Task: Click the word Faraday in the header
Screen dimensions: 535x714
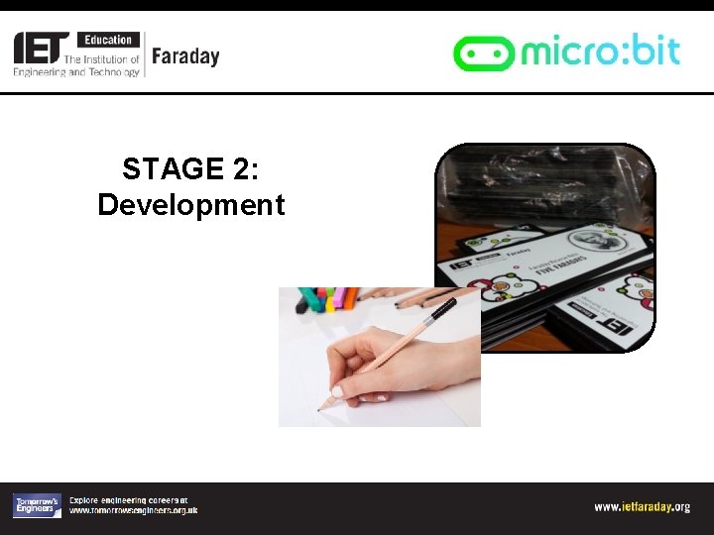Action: tap(185, 56)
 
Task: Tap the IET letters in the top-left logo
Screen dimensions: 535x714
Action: tap(41, 47)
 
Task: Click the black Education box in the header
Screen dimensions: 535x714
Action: tap(108, 40)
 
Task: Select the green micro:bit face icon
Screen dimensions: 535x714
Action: tap(483, 53)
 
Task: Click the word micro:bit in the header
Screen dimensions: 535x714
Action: tap(600, 50)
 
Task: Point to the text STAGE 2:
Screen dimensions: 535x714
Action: tap(190, 168)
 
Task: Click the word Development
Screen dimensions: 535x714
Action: tap(190, 205)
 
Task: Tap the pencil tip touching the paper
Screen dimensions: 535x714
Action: tap(320, 407)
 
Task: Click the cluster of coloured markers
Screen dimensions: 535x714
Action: tap(327, 298)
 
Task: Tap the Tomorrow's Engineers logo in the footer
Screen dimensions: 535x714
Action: tap(37, 505)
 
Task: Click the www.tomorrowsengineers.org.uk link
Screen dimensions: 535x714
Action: tap(133, 511)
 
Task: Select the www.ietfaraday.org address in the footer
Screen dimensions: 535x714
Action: tap(642, 507)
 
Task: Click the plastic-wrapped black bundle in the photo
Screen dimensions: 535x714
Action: tap(540, 188)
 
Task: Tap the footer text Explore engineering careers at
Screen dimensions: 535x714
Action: tap(128, 500)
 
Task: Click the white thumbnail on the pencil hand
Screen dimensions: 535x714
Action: tap(337, 390)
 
